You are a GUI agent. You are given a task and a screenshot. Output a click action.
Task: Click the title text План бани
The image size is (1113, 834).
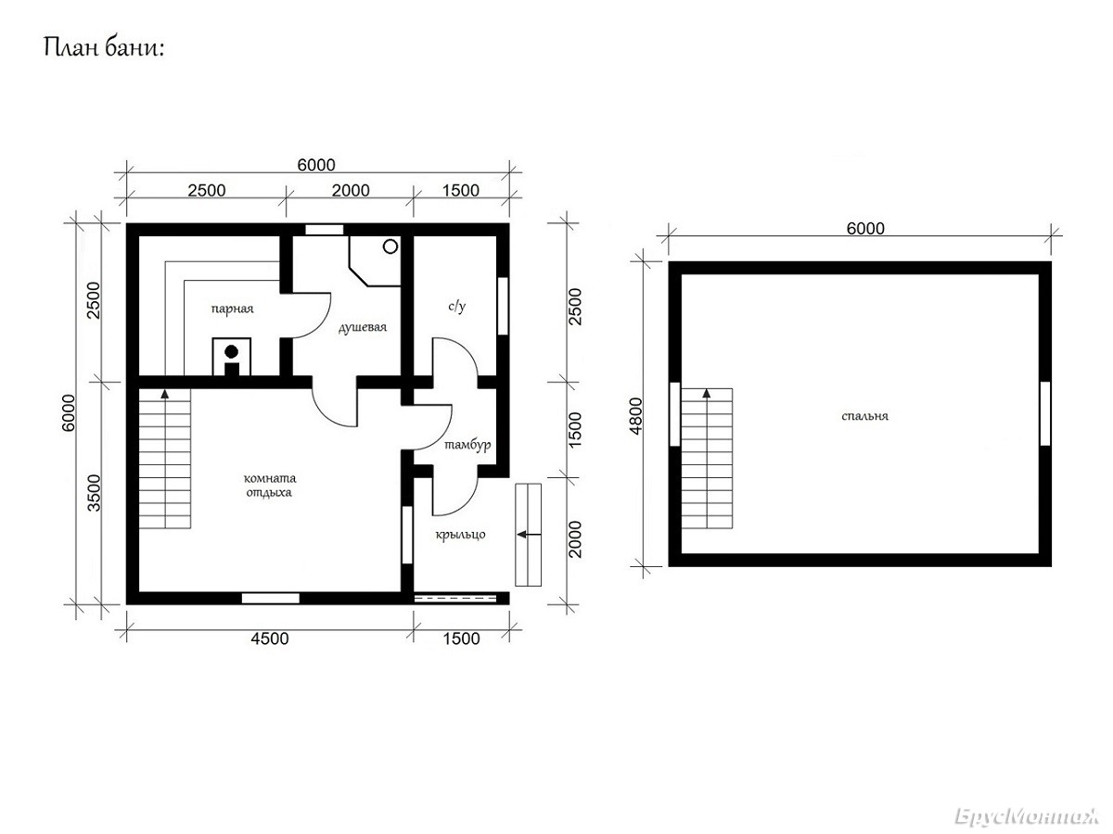click(x=104, y=48)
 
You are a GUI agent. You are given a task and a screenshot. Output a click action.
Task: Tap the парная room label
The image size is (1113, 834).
click(x=232, y=309)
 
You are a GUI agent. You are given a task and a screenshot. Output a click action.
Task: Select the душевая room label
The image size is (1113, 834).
click(x=363, y=328)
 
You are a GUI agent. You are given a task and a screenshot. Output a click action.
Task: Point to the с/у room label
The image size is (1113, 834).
click(x=457, y=307)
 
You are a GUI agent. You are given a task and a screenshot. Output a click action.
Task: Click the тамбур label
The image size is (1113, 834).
click(x=467, y=445)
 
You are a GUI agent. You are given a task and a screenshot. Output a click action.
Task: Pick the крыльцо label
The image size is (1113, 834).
click(x=460, y=535)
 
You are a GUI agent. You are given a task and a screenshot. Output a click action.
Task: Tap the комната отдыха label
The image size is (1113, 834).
click(x=270, y=485)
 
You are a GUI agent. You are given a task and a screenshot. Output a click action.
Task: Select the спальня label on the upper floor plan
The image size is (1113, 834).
click(x=864, y=416)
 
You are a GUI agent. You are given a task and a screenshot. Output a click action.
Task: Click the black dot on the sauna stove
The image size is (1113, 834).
click(x=232, y=351)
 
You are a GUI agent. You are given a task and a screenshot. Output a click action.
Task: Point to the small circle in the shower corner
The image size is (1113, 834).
click(x=390, y=247)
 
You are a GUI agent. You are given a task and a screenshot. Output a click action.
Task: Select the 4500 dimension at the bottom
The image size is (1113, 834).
click(x=270, y=639)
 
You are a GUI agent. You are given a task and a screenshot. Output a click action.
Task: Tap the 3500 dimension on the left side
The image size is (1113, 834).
click(x=95, y=493)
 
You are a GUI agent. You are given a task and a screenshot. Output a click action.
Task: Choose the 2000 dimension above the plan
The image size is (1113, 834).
click(x=351, y=191)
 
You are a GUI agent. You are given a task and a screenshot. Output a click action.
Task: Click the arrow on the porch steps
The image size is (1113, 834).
click(x=529, y=535)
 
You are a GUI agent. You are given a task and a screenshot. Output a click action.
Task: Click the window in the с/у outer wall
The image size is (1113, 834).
click(x=503, y=306)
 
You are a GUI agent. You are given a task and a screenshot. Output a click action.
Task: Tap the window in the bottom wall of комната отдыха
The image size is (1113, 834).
click(x=270, y=598)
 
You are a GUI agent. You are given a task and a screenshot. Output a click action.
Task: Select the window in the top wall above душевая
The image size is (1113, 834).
click(x=324, y=230)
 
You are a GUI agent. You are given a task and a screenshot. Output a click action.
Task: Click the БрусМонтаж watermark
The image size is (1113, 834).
click(x=1027, y=816)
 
